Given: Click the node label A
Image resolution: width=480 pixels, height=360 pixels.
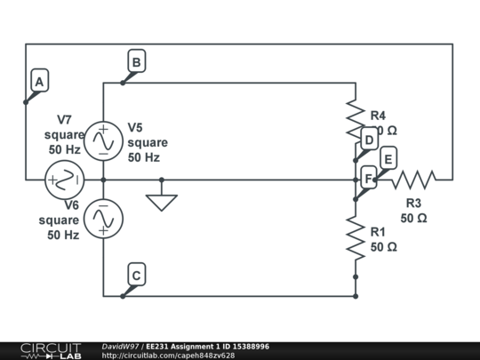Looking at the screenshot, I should point(38,82).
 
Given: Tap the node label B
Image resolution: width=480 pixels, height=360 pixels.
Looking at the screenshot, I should point(136,62).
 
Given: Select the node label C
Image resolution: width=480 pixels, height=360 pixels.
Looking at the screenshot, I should point(136,276).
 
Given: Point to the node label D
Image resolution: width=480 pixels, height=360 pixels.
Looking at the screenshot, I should point(369,140).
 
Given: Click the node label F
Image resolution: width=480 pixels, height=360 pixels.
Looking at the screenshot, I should point(369,179).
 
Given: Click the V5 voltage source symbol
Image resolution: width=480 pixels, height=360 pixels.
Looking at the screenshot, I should point(104,140).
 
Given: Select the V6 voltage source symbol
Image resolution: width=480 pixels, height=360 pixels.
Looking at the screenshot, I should point(104,218).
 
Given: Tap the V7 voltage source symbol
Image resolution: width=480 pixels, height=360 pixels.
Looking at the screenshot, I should point(65,180).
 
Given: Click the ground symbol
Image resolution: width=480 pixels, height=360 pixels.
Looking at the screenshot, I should point(161,201).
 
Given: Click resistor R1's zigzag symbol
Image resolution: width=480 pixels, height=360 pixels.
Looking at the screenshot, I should point(356,238).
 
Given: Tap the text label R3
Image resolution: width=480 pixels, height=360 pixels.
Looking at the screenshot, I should point(413,203).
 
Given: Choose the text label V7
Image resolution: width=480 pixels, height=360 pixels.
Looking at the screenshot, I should point(64,119).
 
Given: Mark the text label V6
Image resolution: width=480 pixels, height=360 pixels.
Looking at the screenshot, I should point(71,204).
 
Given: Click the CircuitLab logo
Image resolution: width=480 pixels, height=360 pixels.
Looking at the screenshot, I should point(51,350).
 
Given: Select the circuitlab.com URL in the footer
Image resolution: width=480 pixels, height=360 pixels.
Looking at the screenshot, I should point(169,356).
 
